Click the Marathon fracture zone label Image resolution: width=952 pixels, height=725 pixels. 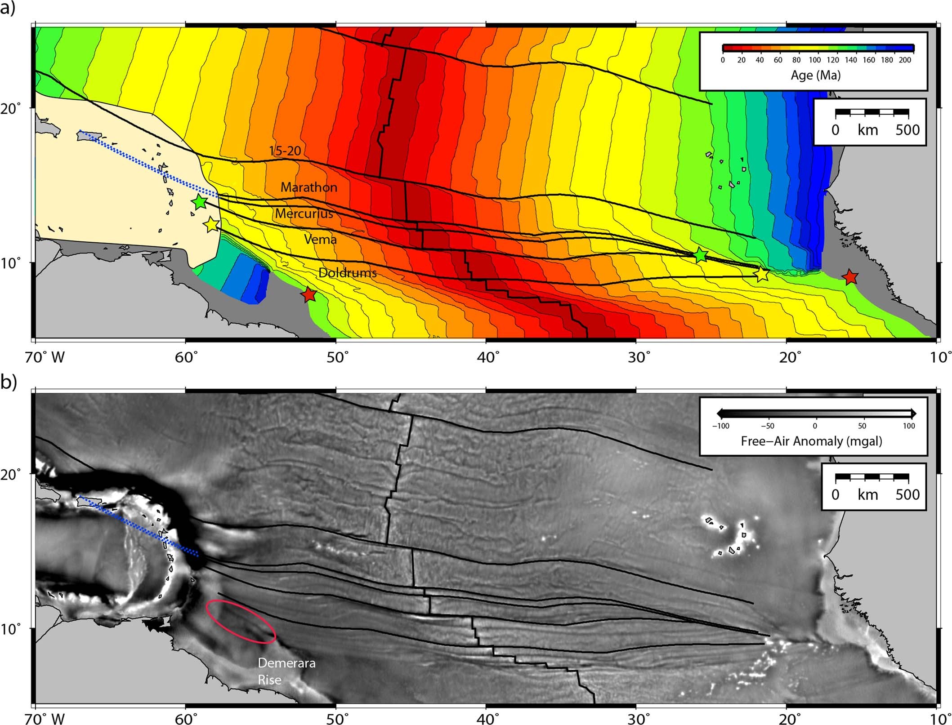[x=309, y=187]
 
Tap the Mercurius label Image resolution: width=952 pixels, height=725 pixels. [x=304, y=213]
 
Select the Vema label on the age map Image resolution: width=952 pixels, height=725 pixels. [x=320, y=239]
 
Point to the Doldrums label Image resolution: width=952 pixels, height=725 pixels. [x=347, y=272]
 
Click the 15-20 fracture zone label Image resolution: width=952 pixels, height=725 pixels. [x=285, y=151]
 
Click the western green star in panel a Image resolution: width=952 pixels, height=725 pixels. [x=199, y=202]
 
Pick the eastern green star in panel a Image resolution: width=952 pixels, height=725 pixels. [x=701, y=255]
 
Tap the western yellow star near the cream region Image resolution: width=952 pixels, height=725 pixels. [x=212, y=224]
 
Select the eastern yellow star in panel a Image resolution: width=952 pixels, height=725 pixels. [x=761, y=274]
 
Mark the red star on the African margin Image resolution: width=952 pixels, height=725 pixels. [x=850, y=277]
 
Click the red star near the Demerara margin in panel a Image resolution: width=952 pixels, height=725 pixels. [x=308, y=295]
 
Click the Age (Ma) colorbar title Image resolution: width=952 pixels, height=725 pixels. [x=815, y=75]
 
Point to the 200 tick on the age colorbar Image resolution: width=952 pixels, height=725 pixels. [x=905, y=60]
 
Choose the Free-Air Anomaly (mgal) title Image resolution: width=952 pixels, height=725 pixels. [x=811, y=441]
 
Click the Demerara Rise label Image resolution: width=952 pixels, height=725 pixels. [x=286, y=671]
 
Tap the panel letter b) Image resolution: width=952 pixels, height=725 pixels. [x=9, y=382]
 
